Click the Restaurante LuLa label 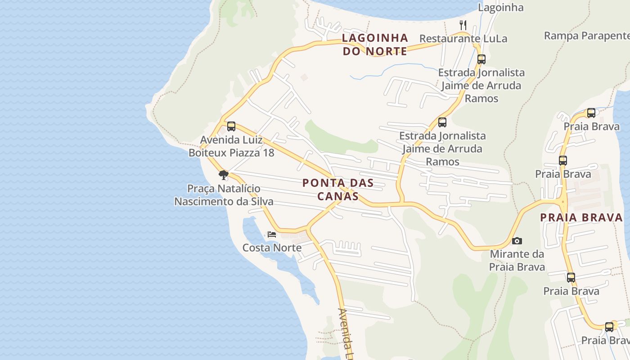point(463,39)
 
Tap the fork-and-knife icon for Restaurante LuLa point(463,24)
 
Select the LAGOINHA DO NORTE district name point(375,45)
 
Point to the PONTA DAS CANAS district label point(338,189)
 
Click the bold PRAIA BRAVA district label point(581,218)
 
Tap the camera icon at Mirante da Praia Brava point(517,241)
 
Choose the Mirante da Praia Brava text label point(517,261)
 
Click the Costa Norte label point(272,248)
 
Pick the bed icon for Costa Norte point(272,234)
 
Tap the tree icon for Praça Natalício point(223,175)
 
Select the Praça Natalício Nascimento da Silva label point(224,195)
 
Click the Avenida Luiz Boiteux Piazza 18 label point(231,146)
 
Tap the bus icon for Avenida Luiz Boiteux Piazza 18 point(231,126)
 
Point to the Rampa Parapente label point(587,36)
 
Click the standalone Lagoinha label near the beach point(500,8)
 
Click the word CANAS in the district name point(338,197)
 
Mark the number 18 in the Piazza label point(268,153)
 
